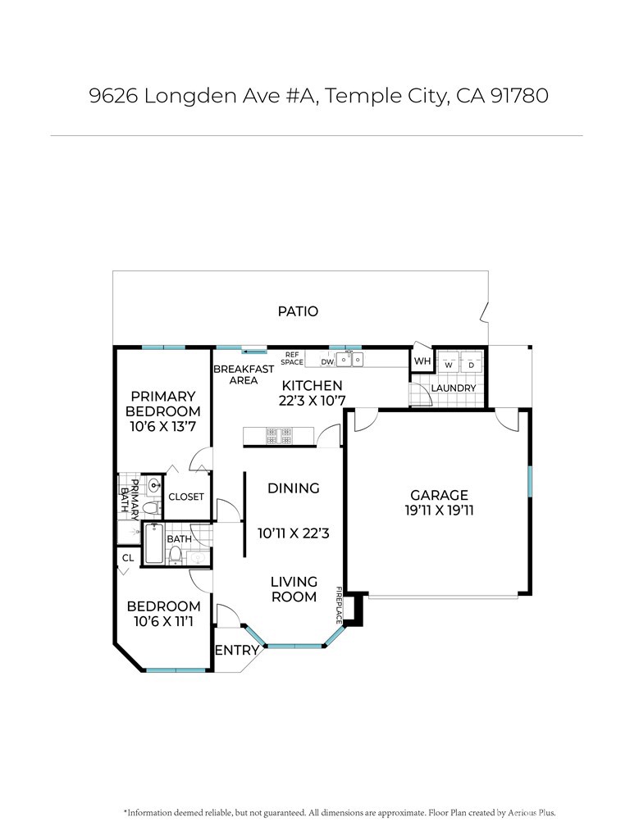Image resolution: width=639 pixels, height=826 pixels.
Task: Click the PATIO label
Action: pyautogui.click(x=298, y=311)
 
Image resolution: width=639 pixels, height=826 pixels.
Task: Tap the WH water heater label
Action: pyautogui.click(x=422, y=361)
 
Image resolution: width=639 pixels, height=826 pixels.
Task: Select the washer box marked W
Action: pyautogui.click(x=449, y=362)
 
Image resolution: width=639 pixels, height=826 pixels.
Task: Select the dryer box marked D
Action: pyautogui.click(x=472, y=362)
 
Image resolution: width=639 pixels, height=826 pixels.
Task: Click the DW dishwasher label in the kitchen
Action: pyautogui.click(x=327, y=362)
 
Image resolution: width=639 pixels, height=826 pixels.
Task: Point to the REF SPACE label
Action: pyautogui.click(x=292, y=359)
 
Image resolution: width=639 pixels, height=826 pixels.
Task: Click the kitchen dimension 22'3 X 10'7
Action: pyautogui.click(x=313, y=401)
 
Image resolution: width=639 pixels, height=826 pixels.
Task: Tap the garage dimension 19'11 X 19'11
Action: pyautogui.click(x=439, y=511)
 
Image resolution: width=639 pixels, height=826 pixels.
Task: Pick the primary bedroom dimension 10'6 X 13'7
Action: pyautogui.click(x=163, y=427)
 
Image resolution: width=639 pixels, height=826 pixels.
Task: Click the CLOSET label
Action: pyautogui.click(x=186, y=497)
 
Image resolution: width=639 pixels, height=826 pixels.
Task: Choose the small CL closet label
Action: pyautogui.click(x=128, y=558)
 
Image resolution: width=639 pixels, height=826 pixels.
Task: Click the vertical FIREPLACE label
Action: pyautogui.click(x=339, y=606)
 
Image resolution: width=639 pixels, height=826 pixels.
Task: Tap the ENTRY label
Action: pyautogui.click(x=237, y=651)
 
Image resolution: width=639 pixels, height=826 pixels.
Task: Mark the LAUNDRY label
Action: pyautogui.click(x=454, y=388)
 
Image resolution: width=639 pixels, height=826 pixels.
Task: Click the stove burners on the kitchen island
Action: pyautogui.click(x=279, y=436)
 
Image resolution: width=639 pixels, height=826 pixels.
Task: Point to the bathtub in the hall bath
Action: pyautogui.click(x=153, y=543)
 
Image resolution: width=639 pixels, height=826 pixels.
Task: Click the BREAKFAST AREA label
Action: pyautogui.click(x=244, y=374)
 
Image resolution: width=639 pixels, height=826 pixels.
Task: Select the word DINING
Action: pyautogui.click(x=294, y=488)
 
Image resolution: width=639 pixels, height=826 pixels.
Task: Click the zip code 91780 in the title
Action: pyautogui.click(x=519, y=96)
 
